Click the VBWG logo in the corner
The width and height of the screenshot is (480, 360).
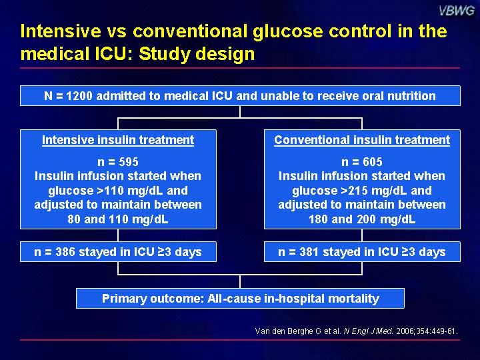[x=457, y=11]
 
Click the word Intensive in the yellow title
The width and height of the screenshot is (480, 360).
[x=61, y=31]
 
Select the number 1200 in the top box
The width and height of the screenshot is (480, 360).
[x=79, y=96]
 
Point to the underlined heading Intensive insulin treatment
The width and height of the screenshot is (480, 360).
[x=118, y=140]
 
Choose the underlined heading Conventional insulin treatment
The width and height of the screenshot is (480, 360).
[x=362, y=140]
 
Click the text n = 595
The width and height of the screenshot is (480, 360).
[x=118, y=161]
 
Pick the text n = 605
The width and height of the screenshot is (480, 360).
[x=362, y=161]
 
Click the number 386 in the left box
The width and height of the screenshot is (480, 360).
[x=65, y=251]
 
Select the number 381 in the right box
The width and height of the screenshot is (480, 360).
[x=309, y=251]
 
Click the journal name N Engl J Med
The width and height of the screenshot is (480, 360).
[x=368, y=331]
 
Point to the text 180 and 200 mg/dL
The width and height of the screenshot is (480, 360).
[x=362, y=219]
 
